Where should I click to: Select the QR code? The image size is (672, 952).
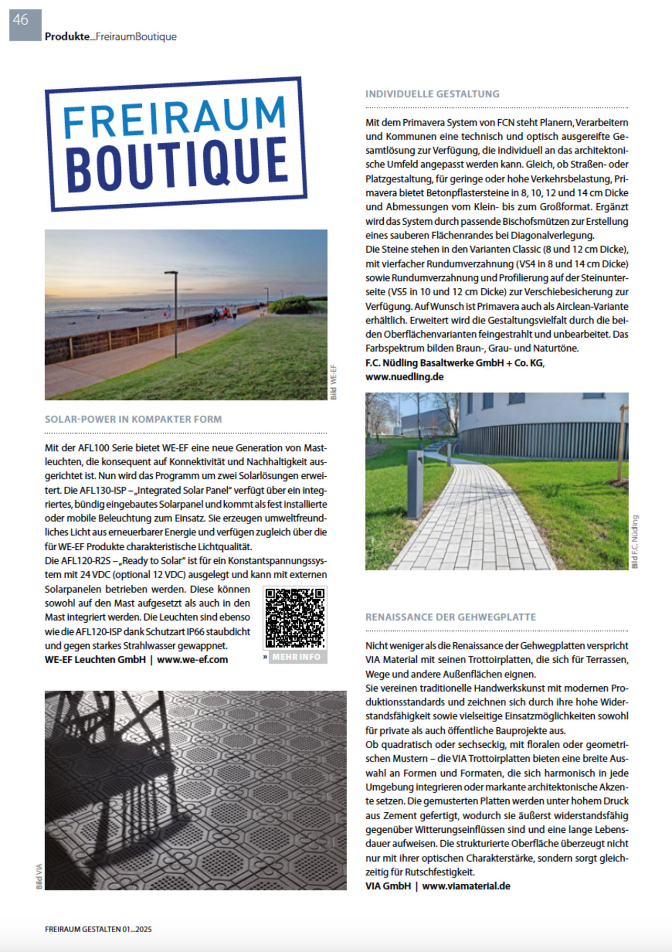[x=295, y=618]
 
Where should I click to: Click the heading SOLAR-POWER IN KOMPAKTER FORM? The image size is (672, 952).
[x=133, y=419]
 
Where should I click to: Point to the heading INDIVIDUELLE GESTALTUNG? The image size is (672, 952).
[x=432, y=94]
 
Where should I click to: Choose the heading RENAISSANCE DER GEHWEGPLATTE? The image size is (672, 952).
[x=450, y=617]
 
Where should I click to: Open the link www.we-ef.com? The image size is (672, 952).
[x=192, y=660]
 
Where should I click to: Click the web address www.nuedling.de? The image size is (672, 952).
[x=404, y=376]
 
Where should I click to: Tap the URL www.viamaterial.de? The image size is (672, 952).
[x=466, y=886]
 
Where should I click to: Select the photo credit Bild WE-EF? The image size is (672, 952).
[x=334, y=382]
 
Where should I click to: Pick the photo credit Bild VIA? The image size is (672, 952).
[x=39, y=876]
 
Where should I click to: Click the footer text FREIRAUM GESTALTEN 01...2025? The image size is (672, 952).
[x=98, y=929]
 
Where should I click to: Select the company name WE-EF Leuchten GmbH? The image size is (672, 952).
[x=95, y=660]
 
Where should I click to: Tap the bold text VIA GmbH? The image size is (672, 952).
[x=388, y=886]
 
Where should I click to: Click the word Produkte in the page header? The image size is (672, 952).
[x=67, y=37]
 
